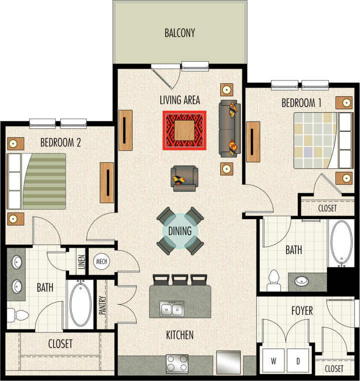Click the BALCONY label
(x=179, y=34)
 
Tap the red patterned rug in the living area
(x=184, y=130)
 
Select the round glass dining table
(x=180, y=231)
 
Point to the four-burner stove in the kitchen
(x=177, y=363)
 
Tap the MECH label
(x=102, y=262)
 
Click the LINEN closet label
(x=82, y=262)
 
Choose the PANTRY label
(x=102, y=305)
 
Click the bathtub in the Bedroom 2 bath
(x=80, y=304)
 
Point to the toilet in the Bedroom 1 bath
(x=273, y=281)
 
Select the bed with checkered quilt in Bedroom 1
(x=318, y=140)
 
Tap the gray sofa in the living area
(x=230, y=130)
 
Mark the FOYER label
(x=302, y=311)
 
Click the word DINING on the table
(x=180, y=231)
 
